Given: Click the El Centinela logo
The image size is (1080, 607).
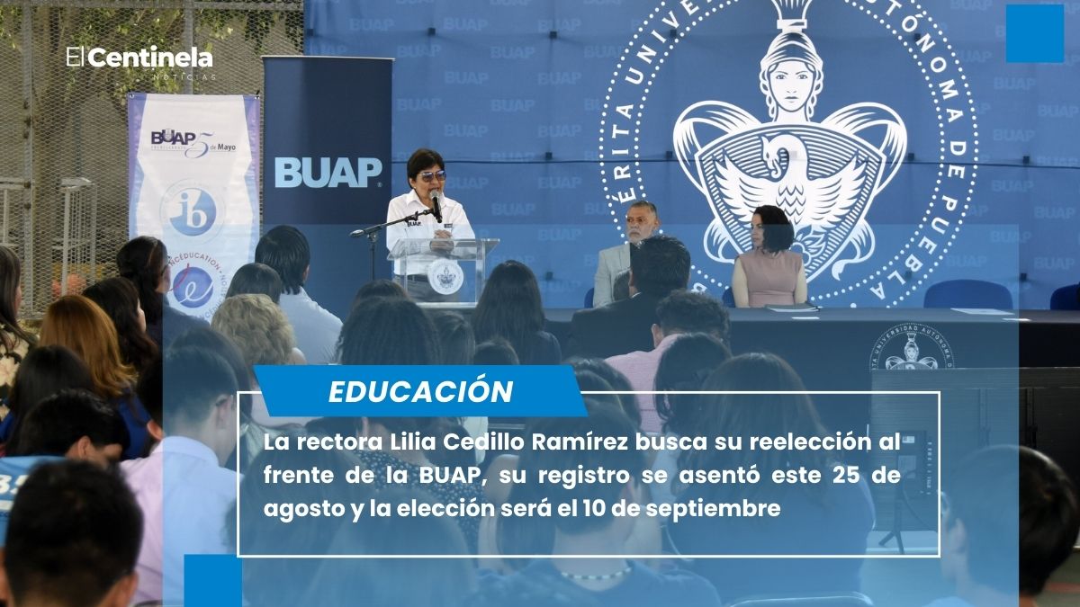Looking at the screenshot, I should (x=139, y=60).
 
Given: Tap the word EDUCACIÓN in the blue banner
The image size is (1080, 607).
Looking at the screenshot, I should (x=420, y=391).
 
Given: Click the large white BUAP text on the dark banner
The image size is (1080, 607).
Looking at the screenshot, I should (x=328, y=172).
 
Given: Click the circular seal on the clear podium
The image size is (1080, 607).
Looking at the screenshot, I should (x=445, y=276).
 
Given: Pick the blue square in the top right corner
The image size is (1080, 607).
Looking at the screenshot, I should (x=1034, y=33).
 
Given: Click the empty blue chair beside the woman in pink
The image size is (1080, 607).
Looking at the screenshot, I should (x=967, y=294).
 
